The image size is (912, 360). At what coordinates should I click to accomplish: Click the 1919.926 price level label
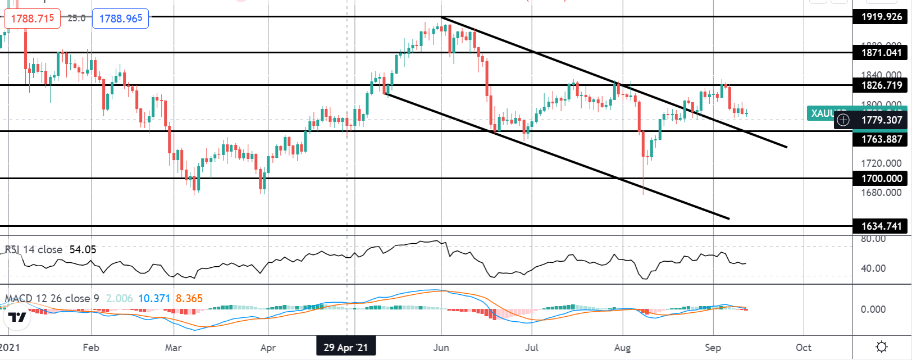click(882, 17)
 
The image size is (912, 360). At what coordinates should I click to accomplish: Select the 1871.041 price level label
click(882, 53)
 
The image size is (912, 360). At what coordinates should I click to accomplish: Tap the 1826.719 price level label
click(882, 85)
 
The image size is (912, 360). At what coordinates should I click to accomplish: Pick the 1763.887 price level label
click(882, 139)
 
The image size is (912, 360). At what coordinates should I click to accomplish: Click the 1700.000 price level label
click(882, 179)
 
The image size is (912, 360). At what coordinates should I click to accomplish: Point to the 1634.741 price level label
click(882, 226)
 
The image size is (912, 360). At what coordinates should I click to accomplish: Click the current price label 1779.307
click(882, 120)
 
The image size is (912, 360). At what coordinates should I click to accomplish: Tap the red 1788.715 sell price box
click(33, 19)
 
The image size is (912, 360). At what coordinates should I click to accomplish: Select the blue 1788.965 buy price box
click(121, 19)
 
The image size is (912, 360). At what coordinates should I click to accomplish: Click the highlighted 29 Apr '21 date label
click(345, 348)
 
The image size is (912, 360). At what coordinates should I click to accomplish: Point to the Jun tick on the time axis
click(441, 348)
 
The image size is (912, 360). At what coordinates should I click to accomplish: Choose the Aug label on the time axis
click(622, 348)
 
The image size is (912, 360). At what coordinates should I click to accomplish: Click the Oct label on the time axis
click(804, 348)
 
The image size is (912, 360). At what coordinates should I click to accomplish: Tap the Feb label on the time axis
click(91, 348)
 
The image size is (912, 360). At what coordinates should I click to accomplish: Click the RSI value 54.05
click(83, 249)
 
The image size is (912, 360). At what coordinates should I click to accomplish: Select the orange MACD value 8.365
click(189, 298)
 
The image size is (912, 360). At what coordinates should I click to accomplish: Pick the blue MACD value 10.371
click(154, 298)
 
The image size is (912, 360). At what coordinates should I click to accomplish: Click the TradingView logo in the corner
click(17, 317)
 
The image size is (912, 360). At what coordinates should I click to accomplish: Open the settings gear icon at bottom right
click(882, 347)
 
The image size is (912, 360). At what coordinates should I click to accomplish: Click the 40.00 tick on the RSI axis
click(873, 268)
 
